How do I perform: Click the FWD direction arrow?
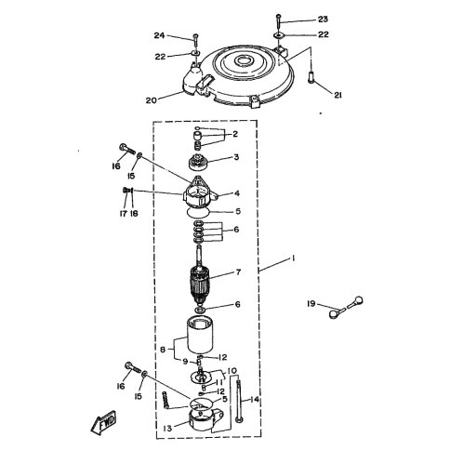104,421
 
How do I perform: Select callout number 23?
323,20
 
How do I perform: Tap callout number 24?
159,35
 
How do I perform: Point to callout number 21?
337,95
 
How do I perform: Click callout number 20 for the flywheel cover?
151,100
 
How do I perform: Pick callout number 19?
311,304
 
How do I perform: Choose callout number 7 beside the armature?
238,272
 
